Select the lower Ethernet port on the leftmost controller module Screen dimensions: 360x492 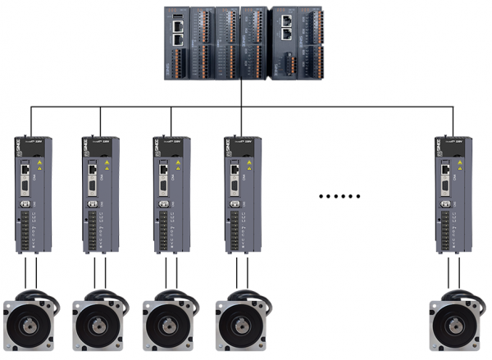click(x=178, y=38)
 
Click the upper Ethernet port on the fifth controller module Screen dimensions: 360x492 click(x=286, y=24)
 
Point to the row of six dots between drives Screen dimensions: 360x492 click(x=339, y=197)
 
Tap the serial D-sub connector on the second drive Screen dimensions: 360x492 click(x=96, y=199)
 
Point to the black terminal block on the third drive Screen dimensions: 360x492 click(x=166, y=230)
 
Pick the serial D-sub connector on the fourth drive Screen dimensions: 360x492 click(x=237, y=199)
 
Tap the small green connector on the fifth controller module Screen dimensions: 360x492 click(x=287, y=62)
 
